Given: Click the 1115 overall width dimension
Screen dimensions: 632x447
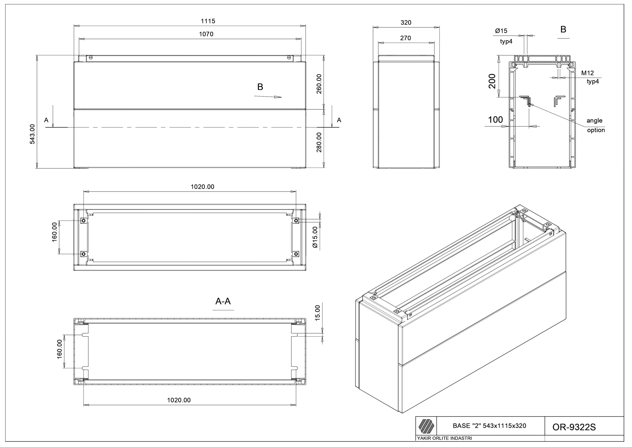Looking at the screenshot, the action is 208,21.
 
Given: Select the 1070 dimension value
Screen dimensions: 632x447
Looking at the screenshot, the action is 206,34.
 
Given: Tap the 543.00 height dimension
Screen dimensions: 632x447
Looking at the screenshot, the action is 33,134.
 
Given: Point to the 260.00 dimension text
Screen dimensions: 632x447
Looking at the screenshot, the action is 319,84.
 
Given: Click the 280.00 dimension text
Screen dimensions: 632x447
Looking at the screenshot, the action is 319,142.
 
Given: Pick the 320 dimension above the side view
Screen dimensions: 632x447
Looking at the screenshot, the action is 406,22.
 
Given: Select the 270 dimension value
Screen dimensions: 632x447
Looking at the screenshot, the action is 405,38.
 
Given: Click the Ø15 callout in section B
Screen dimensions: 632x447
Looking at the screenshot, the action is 501,31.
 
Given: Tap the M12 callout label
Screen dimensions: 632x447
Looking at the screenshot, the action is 587,73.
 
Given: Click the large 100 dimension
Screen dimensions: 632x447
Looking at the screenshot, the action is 495,120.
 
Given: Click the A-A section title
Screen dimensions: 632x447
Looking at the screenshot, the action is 223,301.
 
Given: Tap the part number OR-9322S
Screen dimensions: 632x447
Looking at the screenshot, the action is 574,427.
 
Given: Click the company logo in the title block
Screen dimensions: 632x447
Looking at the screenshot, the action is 426,426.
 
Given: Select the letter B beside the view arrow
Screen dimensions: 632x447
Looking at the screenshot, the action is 260,87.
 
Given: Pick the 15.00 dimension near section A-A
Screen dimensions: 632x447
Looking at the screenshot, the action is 317,313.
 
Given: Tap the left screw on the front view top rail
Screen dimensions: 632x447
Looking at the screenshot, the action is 91,58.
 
